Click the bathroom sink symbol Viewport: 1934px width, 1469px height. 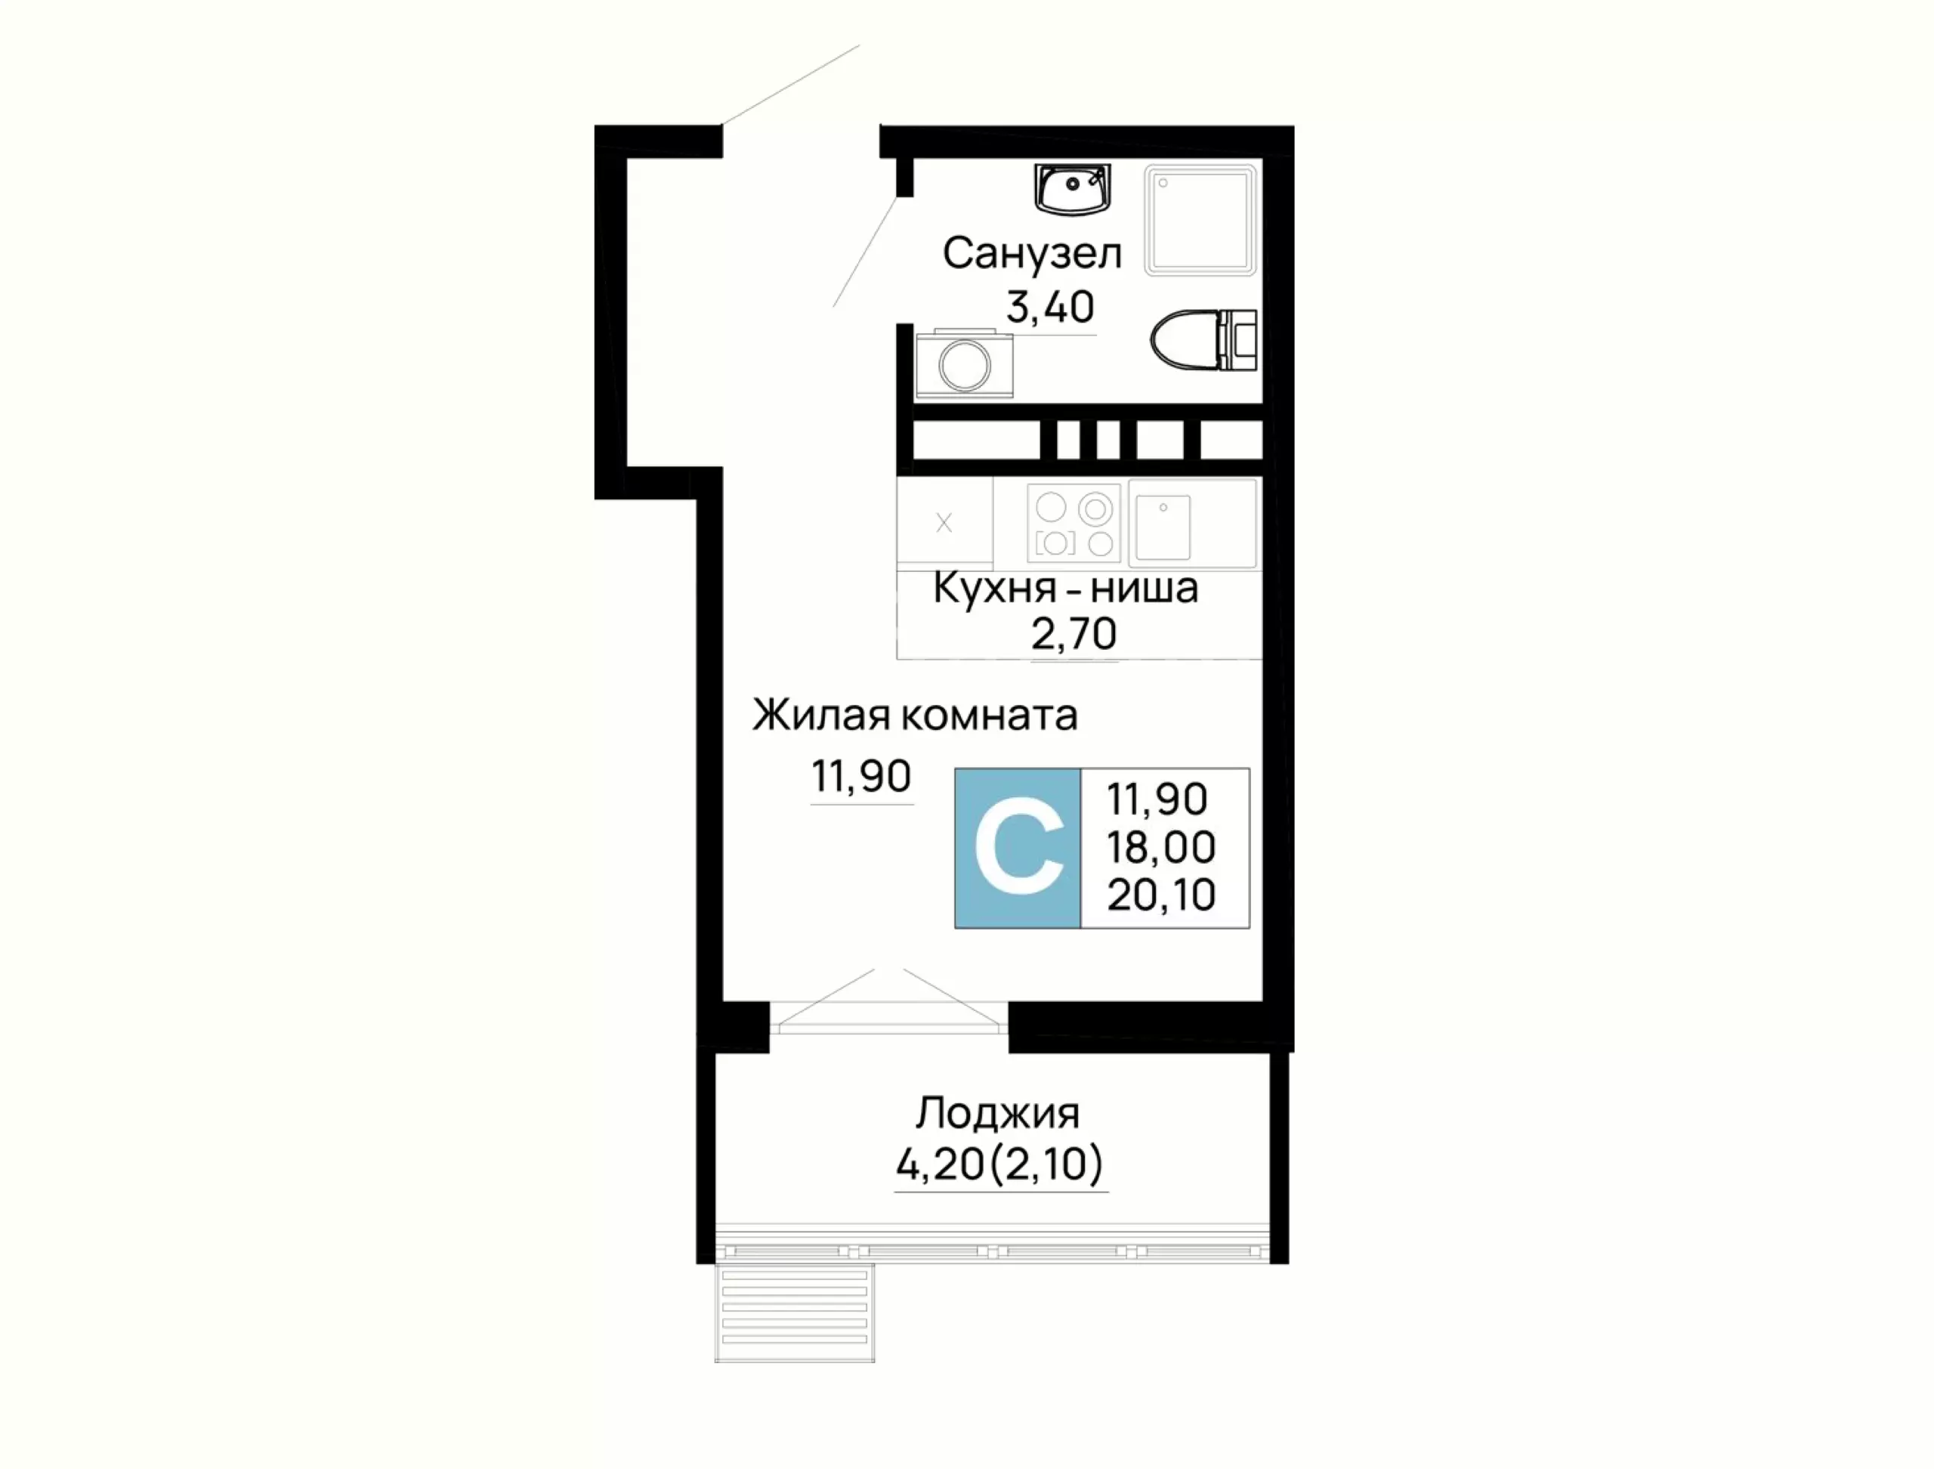coord(1072,189)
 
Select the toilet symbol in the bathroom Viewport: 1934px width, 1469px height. coord(1204,339)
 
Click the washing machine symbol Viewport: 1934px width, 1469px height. coord(965,362)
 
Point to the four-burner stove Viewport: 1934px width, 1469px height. coord(1074,523)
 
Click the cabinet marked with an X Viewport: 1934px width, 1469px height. coord(944,524)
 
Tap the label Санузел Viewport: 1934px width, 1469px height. coord(1032,254)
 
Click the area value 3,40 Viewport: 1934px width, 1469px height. coord(1050,307)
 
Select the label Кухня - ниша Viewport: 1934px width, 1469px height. coord(1066,588)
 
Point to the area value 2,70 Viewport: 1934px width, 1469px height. coord(1074,634)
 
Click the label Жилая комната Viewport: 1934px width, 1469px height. coord(915,716)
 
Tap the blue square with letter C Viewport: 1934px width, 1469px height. coord(1018,848)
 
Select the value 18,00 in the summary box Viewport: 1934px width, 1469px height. coord(1161,847)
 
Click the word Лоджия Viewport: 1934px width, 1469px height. coord(998,1114)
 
